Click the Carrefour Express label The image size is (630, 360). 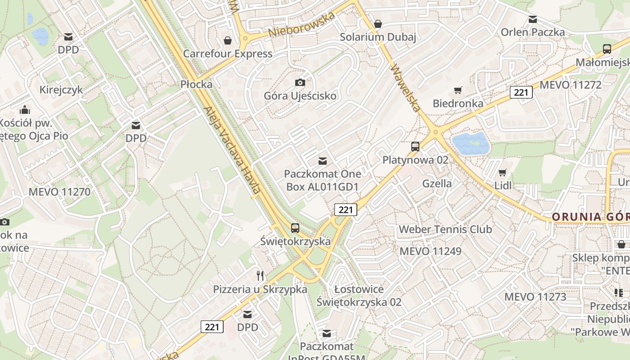(227, 54)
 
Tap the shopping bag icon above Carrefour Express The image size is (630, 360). (228, 40)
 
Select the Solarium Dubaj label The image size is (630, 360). (378, 37)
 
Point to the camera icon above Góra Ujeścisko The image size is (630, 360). (300, 82)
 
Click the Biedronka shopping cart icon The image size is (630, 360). (458, 90)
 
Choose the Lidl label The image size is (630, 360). (503, 185)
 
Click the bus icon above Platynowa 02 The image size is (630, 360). (415, 147)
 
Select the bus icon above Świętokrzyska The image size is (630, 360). (295, 228)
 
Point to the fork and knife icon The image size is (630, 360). (260, 275)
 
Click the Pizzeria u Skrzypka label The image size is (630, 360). (260, 289)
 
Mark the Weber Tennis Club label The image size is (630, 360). (445, 229)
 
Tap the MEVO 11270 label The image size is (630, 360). (59, 192)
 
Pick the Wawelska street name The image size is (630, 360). (405, 89)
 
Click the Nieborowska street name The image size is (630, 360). (302, 25)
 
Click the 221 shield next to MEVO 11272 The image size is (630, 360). (521, 92)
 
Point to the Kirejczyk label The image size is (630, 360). (61, 90)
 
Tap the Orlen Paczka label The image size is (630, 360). (532, 32)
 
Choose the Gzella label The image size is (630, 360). (437, 183)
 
